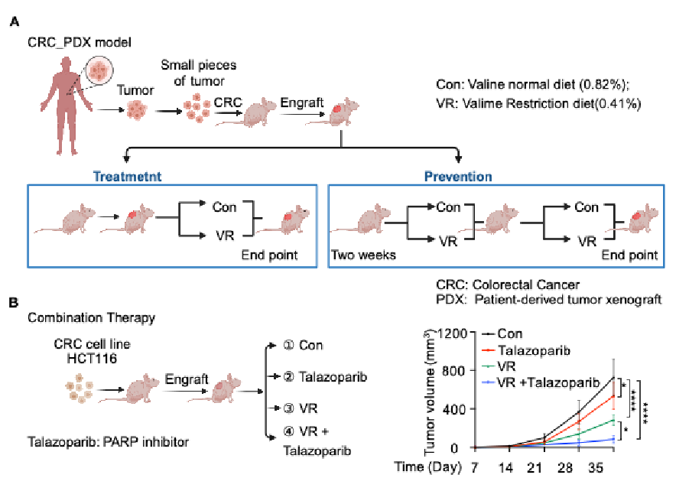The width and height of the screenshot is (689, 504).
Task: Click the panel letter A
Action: tap(14, 23)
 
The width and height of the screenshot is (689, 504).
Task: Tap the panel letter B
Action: tap(14, 303)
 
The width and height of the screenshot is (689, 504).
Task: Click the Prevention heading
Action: tap(459, 176)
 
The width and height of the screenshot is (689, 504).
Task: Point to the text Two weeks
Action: tap(364, 255)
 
